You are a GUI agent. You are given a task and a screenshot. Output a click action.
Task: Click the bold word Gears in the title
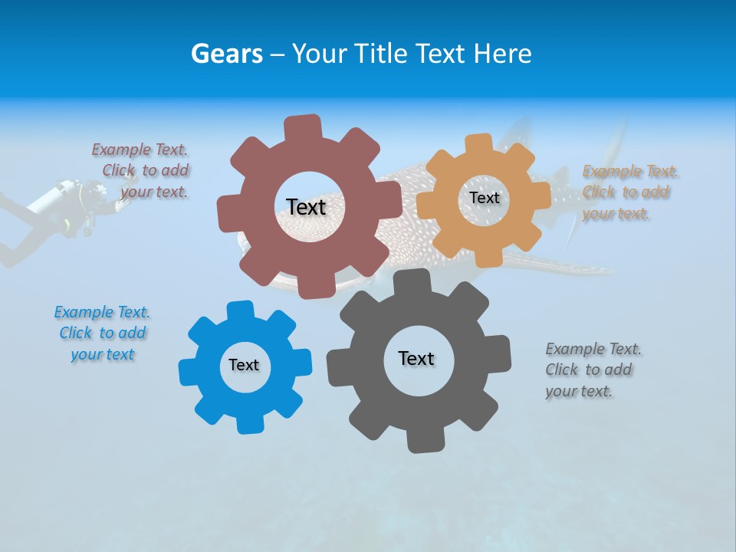pos(226,54)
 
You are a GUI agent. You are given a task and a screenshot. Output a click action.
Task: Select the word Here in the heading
pos(502,54)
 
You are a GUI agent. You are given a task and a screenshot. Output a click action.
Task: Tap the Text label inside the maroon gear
pos(306,207)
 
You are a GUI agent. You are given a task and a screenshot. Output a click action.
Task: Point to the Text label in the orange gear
pos(484,198)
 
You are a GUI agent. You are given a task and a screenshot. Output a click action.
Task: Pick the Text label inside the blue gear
pos(244,365)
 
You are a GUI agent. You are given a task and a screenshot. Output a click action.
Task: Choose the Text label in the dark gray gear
pos(416,358)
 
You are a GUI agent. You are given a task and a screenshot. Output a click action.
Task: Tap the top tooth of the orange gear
pos(479,143)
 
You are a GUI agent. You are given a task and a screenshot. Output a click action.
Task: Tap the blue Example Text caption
pos(102,333)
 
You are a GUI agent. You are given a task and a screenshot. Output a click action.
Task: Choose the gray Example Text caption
pos(592,370)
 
